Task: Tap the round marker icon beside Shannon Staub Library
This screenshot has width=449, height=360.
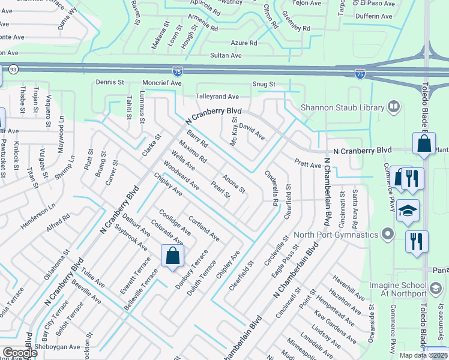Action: pos(394,107)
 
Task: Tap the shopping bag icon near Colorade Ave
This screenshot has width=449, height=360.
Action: pos(173,256)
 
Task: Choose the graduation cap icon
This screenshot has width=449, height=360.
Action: pos(408,211)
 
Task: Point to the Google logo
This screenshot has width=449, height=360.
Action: pos(20,353)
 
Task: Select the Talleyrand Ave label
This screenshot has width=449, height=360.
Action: pos(217,97)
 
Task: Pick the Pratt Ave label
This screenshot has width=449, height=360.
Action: pos(307,163)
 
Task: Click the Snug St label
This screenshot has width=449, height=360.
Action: pos(264,85)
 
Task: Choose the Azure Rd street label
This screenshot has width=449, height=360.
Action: pos(244,43)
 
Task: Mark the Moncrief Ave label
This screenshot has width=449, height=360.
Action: pos(162,83)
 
